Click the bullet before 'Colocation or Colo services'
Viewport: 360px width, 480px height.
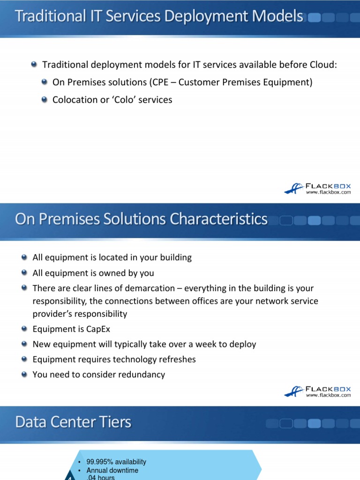[45, 99]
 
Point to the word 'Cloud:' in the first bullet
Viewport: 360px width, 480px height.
[323, 65]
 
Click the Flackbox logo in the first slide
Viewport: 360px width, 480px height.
[317, 188]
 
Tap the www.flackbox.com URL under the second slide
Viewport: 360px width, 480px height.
[328, 395]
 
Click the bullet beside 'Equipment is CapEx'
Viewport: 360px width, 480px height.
[24, 329]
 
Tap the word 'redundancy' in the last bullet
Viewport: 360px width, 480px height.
[143, 374]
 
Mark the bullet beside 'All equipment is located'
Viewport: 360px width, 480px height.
[24, 257]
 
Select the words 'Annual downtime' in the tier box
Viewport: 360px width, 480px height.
[112, 470]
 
